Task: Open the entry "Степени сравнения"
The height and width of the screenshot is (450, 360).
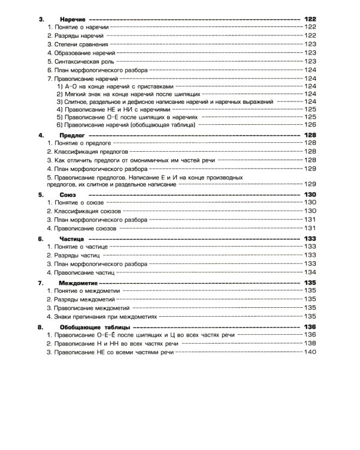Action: point(77,44)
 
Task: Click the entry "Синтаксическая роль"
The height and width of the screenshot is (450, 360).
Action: point(80,61)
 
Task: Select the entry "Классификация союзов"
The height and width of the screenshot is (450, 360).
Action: point(88,212)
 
